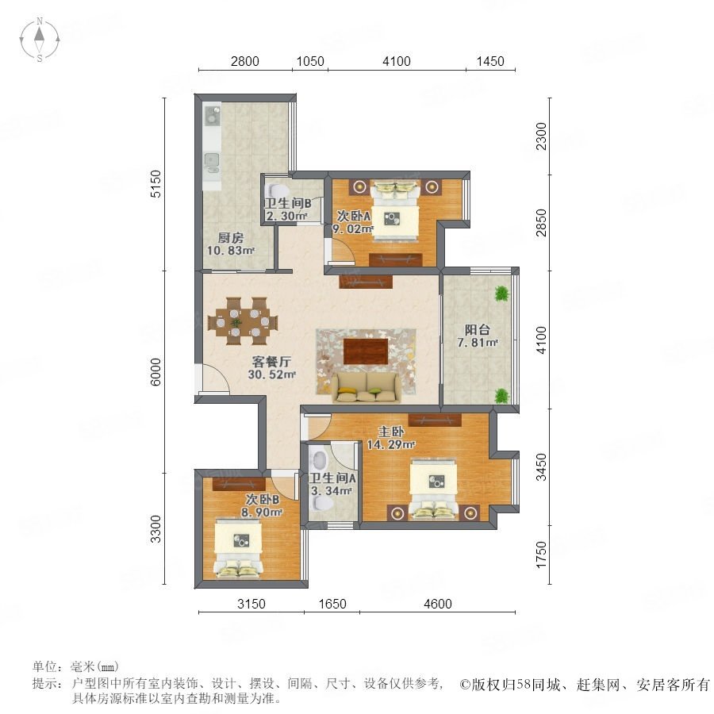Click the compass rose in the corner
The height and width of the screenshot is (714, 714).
[x=40, y=40]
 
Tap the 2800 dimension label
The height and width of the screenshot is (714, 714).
[x=244, y=61]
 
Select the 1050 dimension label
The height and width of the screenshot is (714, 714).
[x=310, y=61]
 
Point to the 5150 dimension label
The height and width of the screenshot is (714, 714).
[x=155, y=184]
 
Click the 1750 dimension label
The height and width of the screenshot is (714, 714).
[x=541, y=555]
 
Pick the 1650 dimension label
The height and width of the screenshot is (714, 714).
[x=332, y=604]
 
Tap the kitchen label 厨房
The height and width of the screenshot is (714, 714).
[x=230, y=238]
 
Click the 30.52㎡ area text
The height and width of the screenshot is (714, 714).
[x=272, y=374]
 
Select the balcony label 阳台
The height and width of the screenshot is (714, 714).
[x=478, y=329]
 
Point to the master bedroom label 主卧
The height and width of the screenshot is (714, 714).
[x=390, y=432]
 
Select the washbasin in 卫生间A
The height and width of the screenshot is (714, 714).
[x=320, y=459]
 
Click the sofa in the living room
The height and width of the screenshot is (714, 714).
[x=367, y=387]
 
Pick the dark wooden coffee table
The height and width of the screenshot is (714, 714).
[x=366, y=351]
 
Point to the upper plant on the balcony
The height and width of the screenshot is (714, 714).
[x=501, y=294]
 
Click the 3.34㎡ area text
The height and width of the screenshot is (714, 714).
[x=331, y=491]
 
